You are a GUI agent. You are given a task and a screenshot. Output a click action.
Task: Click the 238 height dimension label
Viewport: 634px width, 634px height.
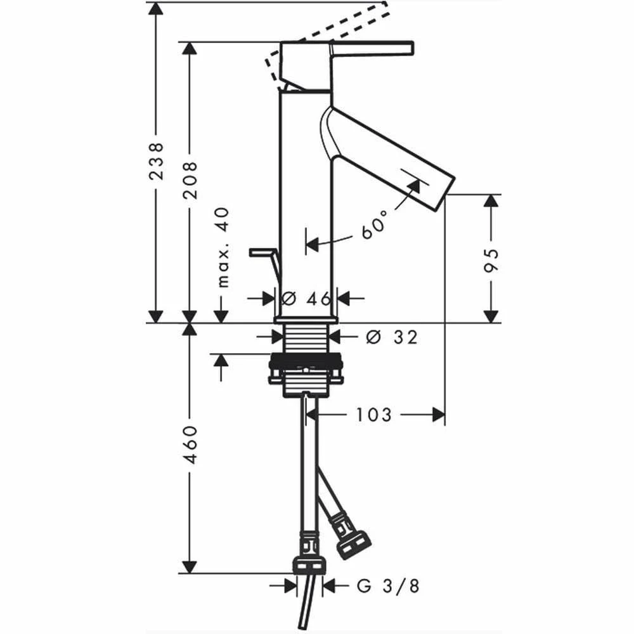(156, 161)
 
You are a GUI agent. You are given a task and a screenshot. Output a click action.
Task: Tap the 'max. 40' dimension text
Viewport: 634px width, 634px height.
(223, 247)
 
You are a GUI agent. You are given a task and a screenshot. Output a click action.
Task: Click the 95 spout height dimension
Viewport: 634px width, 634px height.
(491, 260)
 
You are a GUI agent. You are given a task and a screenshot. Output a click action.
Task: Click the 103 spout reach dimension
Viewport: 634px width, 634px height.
(374, 415)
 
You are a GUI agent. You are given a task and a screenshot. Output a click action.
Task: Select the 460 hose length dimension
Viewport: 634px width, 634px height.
(190, 444)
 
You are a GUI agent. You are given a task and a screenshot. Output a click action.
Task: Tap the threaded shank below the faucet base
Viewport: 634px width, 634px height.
(306, 339)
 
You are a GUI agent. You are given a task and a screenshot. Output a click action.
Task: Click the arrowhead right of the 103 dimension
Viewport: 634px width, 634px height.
(437, 415)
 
